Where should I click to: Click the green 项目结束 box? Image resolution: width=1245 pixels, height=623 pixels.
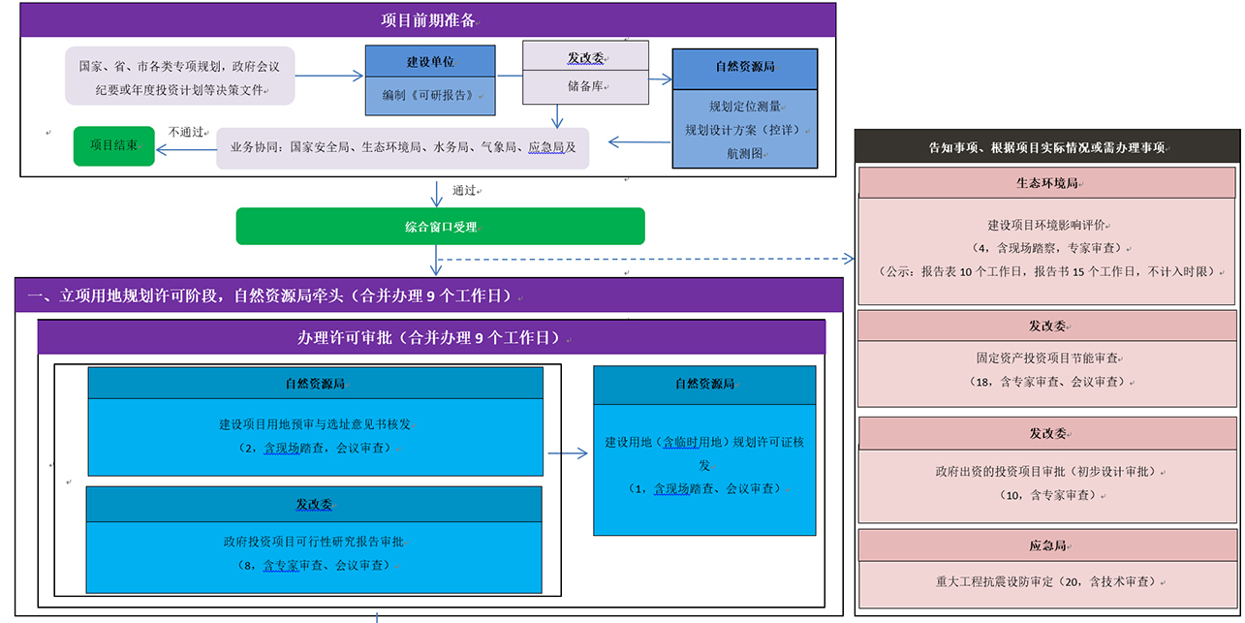point(114,145)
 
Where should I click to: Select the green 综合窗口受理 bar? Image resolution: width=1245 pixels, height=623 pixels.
point(440,226)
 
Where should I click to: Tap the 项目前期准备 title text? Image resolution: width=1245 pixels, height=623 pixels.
point(428,20)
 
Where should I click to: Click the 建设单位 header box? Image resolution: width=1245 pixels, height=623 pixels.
point(430,62)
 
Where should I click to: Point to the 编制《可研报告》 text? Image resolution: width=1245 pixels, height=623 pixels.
point(428,95)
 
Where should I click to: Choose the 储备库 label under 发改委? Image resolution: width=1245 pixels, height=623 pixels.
point(585,86)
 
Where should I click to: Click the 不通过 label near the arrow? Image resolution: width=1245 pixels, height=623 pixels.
point(186,132)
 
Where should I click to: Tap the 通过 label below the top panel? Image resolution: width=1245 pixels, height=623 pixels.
point(464,190)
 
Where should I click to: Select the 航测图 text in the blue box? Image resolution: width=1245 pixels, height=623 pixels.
point(745,153)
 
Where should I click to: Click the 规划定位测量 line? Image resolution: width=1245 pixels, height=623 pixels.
point(745,107)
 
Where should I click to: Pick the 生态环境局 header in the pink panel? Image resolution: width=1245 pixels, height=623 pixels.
point(1047,183)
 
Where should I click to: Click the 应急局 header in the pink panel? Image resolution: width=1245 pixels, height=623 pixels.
point(1047,545)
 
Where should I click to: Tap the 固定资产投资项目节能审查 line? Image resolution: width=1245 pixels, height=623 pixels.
point(1047,358)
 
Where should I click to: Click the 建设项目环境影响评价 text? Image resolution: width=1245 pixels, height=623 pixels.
point(1046,225)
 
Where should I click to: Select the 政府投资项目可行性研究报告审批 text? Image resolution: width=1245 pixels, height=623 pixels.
point(314,542)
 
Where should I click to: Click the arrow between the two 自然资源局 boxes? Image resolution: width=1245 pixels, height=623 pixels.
point(568,453)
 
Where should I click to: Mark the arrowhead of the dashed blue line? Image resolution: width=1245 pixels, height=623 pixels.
point(849,259)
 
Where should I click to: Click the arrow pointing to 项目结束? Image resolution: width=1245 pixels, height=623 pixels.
point(186,149)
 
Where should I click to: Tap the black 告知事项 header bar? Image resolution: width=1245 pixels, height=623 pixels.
point(1047,146)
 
